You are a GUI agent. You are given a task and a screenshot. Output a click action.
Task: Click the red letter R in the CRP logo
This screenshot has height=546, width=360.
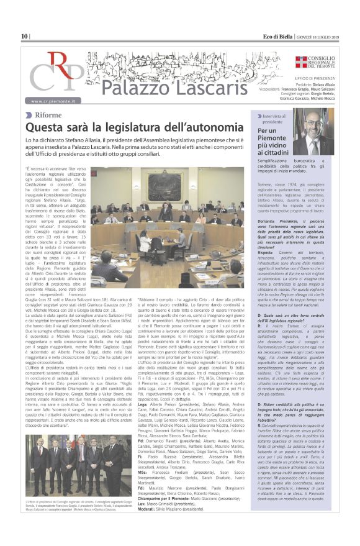[x=59, y=65]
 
